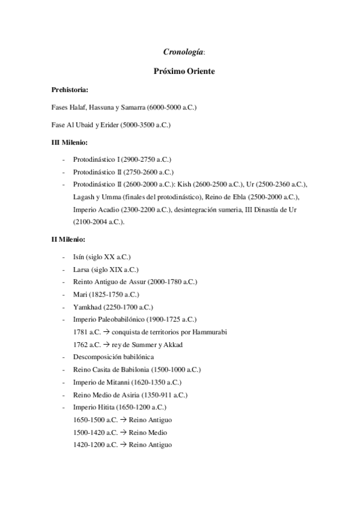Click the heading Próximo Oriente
180,72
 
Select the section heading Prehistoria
70,90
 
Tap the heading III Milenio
70,143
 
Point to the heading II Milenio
69,240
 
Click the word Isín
80,257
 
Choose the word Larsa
82,269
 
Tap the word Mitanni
115,382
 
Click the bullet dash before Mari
63,295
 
